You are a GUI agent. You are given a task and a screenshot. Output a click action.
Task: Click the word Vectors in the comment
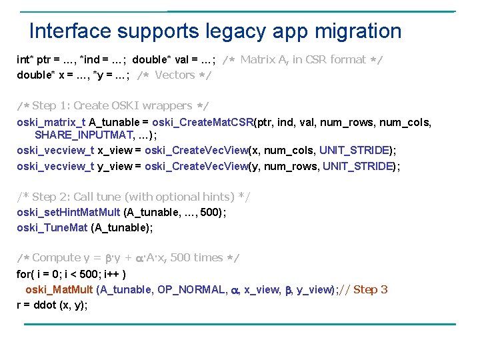click(175, 75)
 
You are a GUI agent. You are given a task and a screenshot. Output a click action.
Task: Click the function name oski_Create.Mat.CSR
click(203, 122)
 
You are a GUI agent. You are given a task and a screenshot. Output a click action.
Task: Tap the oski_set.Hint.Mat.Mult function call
click(69, 212)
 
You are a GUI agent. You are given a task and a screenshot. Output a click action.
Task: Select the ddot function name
click(42, 305)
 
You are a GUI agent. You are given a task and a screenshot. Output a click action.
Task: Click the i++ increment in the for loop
click(111, 273)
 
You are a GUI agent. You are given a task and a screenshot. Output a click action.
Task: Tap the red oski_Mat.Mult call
click(59, 289)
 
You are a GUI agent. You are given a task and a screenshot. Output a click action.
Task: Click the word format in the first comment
click(348, 59)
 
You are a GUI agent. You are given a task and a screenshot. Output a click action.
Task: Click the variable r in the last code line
click(19, 305)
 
